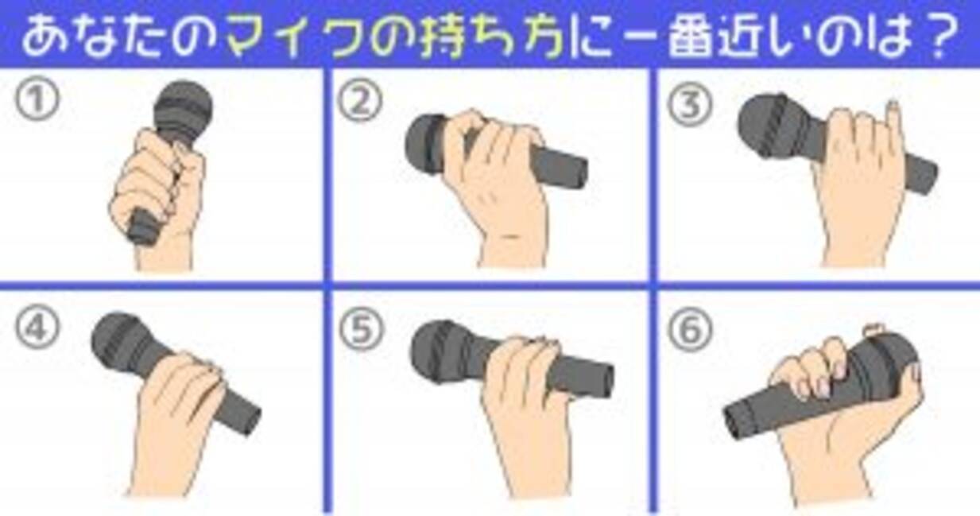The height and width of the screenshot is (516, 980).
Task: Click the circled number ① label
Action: click(37, 99)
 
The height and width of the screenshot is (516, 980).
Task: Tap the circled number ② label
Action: click(360, 101)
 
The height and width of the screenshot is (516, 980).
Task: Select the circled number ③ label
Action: click(690, 105)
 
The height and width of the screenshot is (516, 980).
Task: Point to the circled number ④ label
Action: click(37, 328)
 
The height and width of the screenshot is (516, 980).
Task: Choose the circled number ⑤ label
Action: click(362, 329)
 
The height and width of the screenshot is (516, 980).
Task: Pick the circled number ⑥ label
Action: click(690, 329)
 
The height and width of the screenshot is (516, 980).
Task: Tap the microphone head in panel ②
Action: click(425, 144)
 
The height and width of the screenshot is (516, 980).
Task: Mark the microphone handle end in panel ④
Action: click(249, 419)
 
